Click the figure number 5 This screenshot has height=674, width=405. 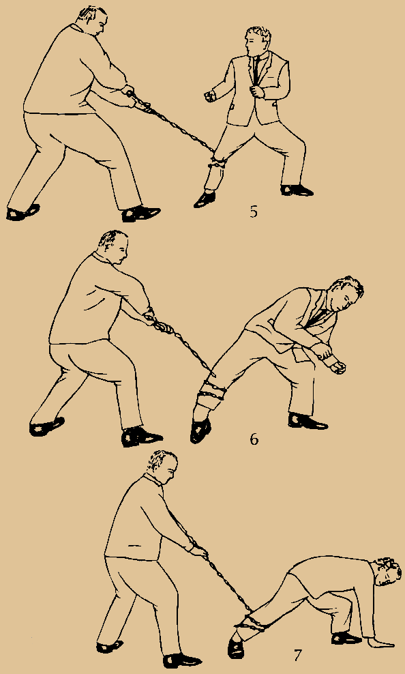(x=253, y=211)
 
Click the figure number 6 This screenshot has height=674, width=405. (x=254, y=439)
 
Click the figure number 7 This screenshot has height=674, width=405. (x=298, y=656)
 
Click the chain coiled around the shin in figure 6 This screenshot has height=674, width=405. (x=208, y=394)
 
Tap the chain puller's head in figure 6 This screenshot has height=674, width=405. (x=113, y=250)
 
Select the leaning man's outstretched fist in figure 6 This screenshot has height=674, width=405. (x=337, y=367)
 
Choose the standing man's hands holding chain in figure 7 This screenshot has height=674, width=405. (x=196, y=547)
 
